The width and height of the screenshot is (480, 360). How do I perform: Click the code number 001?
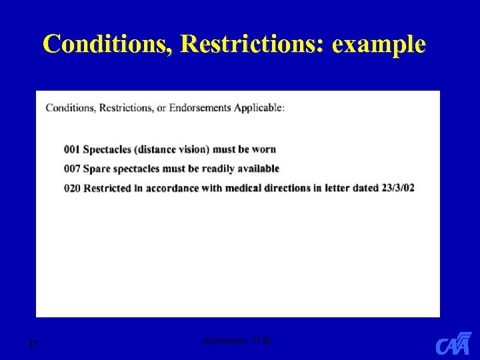(x=73, y=149)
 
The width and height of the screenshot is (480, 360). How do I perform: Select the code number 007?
(x=73, y=169)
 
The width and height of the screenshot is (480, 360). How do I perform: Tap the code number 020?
(x=73, y=188)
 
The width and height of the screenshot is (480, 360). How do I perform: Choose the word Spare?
(x=96, y=169)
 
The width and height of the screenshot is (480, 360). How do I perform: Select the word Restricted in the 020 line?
(x=107, y=188)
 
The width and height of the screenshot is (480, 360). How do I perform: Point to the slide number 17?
(x=33, y=345)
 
